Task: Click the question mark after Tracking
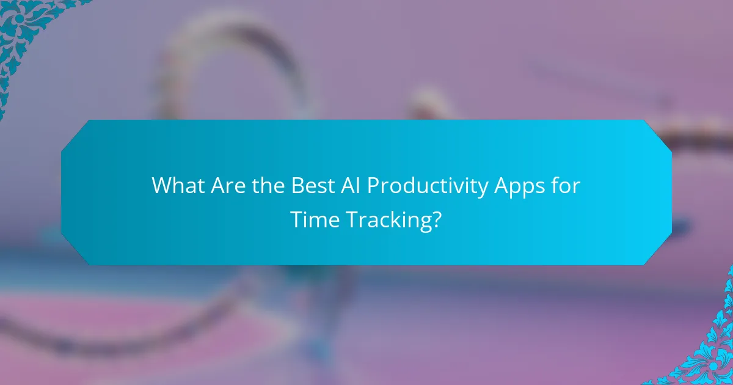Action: pyautogui.click(x=436, y=219)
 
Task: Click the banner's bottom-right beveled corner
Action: pyautogui.click(x=660, y=252)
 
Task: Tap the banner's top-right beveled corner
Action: pyautogui.click(x=660, y=133)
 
